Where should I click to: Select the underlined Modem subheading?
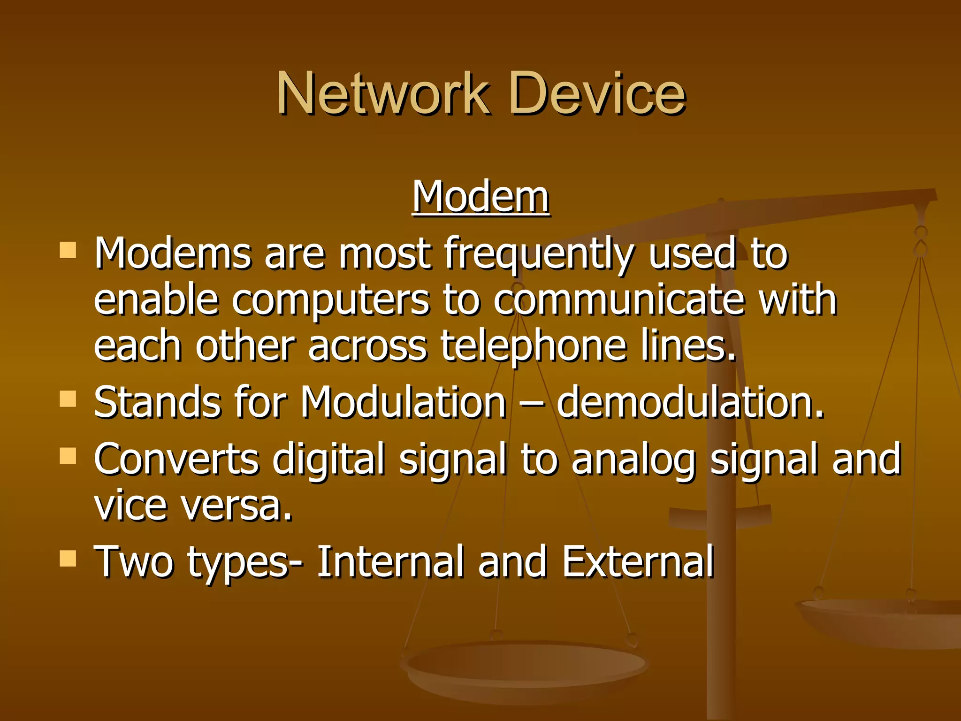click(480, 197)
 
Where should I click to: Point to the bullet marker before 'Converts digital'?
click(68, 455)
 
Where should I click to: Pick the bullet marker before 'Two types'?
click(68, 558)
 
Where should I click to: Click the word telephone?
click(534, 347)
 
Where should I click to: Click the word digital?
click(328, 459)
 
